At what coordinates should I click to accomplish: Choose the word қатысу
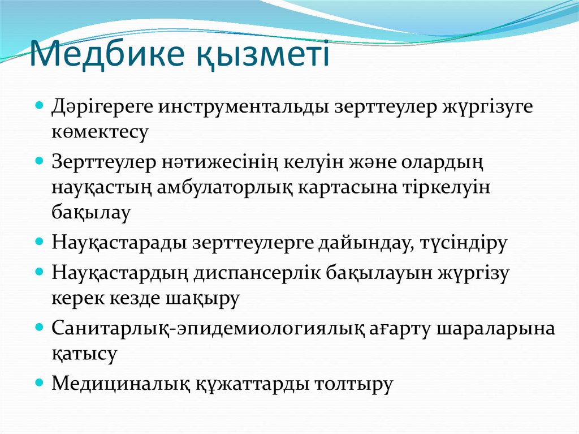85,354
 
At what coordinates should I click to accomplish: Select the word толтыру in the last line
349,384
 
